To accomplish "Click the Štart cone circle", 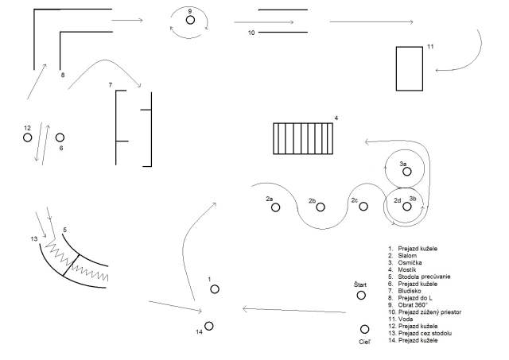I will (361, 296).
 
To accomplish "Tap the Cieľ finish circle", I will (364, 329).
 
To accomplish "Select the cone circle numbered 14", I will (209, 326).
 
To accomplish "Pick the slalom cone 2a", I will (275, 207).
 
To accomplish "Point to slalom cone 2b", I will (321, 207).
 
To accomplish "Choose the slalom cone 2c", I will (363, 207).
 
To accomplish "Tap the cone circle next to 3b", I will (407, 207).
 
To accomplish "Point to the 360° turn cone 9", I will (191, 20).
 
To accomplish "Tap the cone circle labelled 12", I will (28, 137).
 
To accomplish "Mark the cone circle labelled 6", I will (60, 137).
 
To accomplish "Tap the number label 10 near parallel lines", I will (251, 33).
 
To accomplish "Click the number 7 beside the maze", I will (111, 84).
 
